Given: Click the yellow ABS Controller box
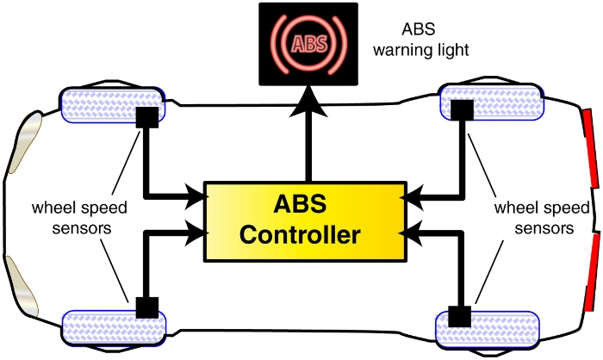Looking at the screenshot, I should coord(305,221).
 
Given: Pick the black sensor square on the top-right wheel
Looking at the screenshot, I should coord(463,110).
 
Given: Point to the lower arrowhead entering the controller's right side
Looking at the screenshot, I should coord(418,232).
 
